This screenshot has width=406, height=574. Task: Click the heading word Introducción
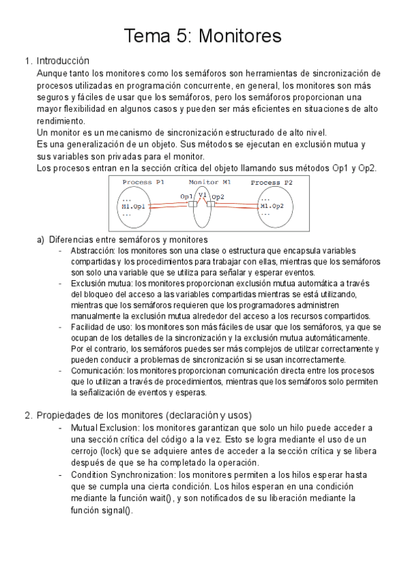(x=63, y=60)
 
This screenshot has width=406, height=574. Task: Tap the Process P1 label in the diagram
(x=144, y=182)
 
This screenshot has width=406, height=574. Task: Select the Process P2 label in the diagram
(x=271, y=182)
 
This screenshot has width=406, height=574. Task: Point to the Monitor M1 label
(x=209, y=182)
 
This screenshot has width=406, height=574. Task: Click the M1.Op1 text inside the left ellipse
(x=134, y=206)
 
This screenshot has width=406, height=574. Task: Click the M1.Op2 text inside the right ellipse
(x=272, y=206)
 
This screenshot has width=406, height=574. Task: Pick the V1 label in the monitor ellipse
(x=202, y=194)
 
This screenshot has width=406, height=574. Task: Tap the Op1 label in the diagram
(x=187, y=196)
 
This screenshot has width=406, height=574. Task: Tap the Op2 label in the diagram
(x=218, y=196)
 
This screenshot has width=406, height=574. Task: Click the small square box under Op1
(x=192, y=204)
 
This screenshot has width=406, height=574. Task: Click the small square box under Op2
(x=210, y=204)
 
